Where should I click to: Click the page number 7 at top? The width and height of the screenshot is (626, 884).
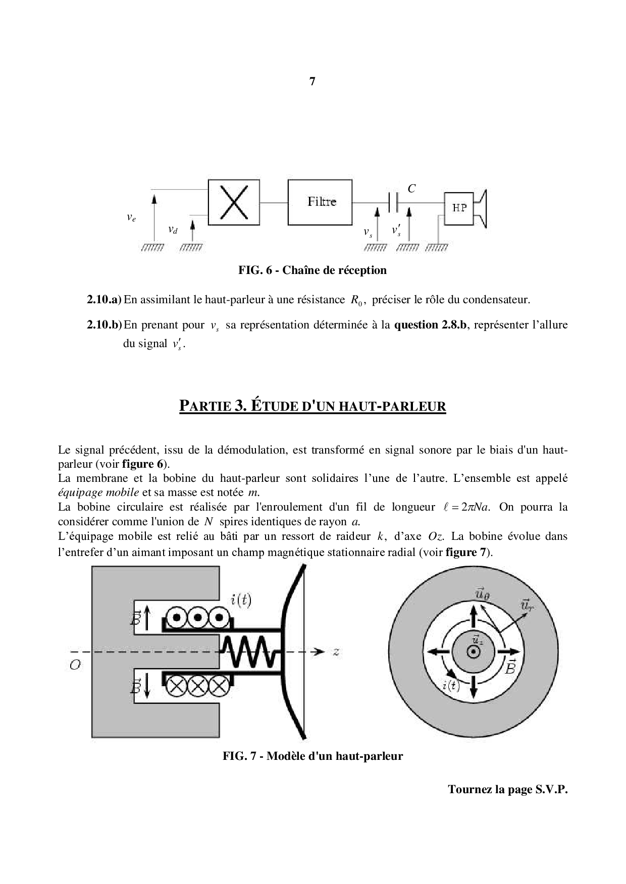[x=312, y=81]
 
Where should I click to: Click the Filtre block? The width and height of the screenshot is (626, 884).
[x=321, y=202]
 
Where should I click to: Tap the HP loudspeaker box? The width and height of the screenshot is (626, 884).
[x=459, y=208]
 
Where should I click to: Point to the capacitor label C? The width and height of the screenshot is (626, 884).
[x=411, y=189]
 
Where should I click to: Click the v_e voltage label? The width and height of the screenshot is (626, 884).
[x=131, y=217]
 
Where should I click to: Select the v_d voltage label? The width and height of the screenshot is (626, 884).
[x=173, y=230]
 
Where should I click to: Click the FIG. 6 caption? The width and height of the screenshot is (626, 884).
[x=312, y=270]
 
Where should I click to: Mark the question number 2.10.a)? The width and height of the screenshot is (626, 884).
[x=105, y=300]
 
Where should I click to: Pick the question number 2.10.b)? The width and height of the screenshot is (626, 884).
[x=105, y=325]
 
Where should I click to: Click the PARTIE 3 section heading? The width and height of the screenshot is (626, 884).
[x=312, y=406]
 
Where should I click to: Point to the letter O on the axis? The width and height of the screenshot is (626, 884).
[x=75, y=665]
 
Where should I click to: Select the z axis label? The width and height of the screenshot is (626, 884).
[x=336, y=652]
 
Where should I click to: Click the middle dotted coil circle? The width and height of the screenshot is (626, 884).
[x=198, y=617]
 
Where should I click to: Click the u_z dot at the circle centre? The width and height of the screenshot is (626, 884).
[x=473, y=652]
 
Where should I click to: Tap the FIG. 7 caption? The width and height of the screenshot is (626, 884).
[x=312, y=756]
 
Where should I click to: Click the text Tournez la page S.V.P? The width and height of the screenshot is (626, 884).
[x=507, y=790]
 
